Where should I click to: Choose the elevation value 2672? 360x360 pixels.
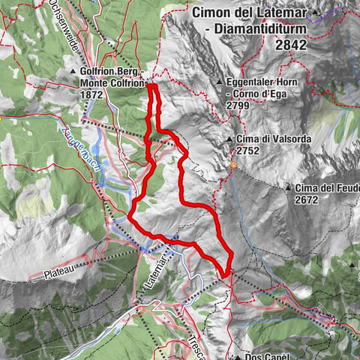(x=307, y=199)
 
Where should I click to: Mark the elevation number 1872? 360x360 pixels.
(x=94, y=97)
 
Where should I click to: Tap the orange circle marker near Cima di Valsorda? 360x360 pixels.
(x=233, y=165)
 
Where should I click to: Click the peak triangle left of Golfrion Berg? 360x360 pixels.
(x=73, y=73)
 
